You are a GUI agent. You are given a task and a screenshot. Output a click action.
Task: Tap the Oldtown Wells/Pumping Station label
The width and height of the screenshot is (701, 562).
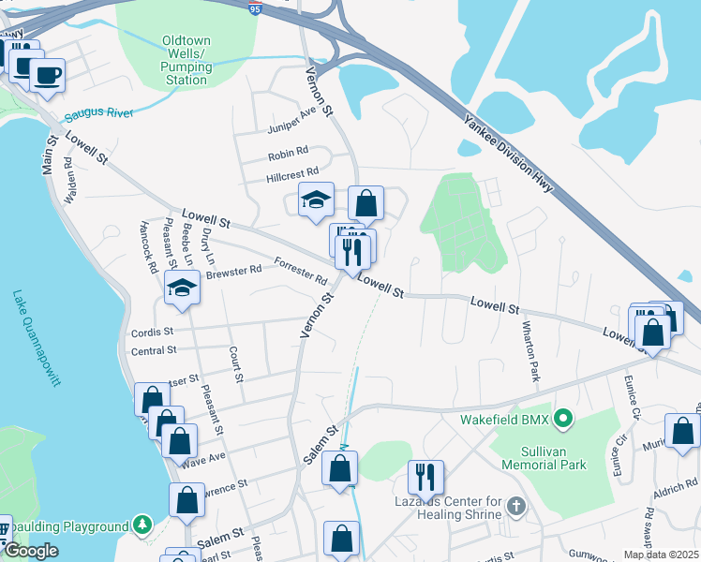pos(186,61)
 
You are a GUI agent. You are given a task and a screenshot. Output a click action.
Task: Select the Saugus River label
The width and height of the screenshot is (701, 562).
pos(98,114)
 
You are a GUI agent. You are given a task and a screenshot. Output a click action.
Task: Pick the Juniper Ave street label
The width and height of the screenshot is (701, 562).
pos(293,119)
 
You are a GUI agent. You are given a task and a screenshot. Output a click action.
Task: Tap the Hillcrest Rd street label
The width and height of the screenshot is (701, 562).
pos(293,171)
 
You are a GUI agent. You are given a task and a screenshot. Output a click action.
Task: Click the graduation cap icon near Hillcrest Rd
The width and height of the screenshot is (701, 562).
pos(317,199)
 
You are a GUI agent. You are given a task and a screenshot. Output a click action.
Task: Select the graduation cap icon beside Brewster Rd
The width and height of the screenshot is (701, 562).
pos(182,288)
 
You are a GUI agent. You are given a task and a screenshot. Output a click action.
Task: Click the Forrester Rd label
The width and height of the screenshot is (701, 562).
pos(300,272)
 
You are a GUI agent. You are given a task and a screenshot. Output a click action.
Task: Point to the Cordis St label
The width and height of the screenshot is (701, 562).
pos(153,332)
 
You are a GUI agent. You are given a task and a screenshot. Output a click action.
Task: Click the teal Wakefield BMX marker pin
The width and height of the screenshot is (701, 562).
pos(562,419)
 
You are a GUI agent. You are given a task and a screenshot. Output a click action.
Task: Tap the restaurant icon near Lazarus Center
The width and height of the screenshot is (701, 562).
pos(425,477)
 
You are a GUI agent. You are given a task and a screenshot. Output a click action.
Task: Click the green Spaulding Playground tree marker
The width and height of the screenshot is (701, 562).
pos(142,523)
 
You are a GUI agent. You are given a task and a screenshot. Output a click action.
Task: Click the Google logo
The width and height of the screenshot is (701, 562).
pos(31,551)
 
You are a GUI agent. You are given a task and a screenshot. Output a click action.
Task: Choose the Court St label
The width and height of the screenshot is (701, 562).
pos(237,365)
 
